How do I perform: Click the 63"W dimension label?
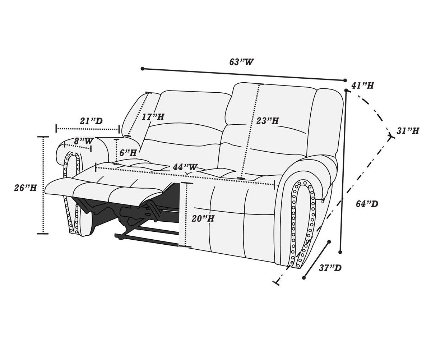241,62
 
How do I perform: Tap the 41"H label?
363,85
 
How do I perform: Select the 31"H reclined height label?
408,131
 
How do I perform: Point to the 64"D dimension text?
367,204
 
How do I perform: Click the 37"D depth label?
330,268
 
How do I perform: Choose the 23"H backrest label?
268,121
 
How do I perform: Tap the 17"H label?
153,117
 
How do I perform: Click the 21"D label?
91,121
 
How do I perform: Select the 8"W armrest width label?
84,141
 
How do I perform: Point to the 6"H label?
128,153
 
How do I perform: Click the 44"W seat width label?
185,167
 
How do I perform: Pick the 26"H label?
26,188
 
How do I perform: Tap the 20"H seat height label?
203,218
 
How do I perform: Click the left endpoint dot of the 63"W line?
142,69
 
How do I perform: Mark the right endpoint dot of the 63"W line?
345,80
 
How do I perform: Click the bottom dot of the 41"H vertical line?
340,252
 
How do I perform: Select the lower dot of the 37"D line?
303,278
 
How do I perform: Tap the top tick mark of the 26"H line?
43,137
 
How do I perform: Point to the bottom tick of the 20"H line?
185,246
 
